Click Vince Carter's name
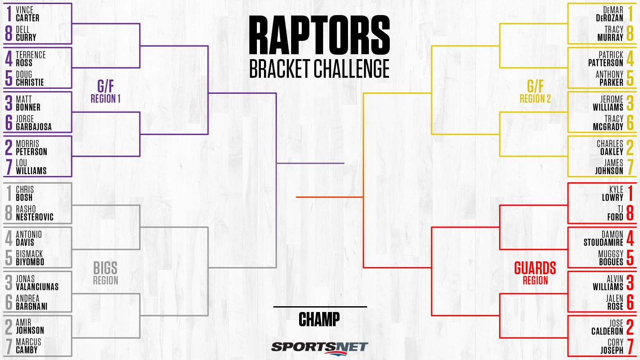click(28, 14)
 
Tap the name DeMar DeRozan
click(609, 14)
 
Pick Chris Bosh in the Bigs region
click(24, 193)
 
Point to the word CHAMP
click(319, 319)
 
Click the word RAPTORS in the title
click(320, 35)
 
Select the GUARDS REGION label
click(535, 273)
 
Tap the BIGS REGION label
click(105, 273)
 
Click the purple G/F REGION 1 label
click(105, 91)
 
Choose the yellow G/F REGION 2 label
click(535, 91)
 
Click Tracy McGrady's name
click(608, 123)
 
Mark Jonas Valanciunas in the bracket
click(37, 283)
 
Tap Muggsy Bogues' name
click(611, 258)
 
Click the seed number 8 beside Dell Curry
click(9, 33)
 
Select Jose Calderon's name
click(607, 327)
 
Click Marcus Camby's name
click(28, 346)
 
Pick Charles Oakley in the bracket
click(610, 148)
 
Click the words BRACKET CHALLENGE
click(320, 68)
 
